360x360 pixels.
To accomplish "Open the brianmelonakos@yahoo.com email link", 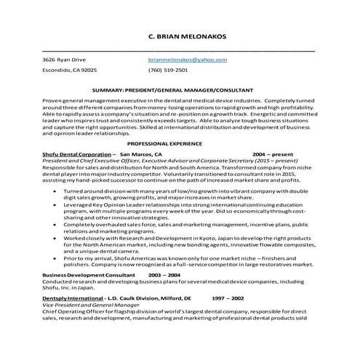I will [188, 59].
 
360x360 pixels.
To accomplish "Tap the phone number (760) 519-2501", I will [167, 71].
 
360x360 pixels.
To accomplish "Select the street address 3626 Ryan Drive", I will [64, 59].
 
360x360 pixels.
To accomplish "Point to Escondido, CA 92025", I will [69, 71].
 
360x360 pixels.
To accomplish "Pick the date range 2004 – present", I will [276, 155].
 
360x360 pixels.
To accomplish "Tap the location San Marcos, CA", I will [141, 155].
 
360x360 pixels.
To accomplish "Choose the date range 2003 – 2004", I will [164, 276].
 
